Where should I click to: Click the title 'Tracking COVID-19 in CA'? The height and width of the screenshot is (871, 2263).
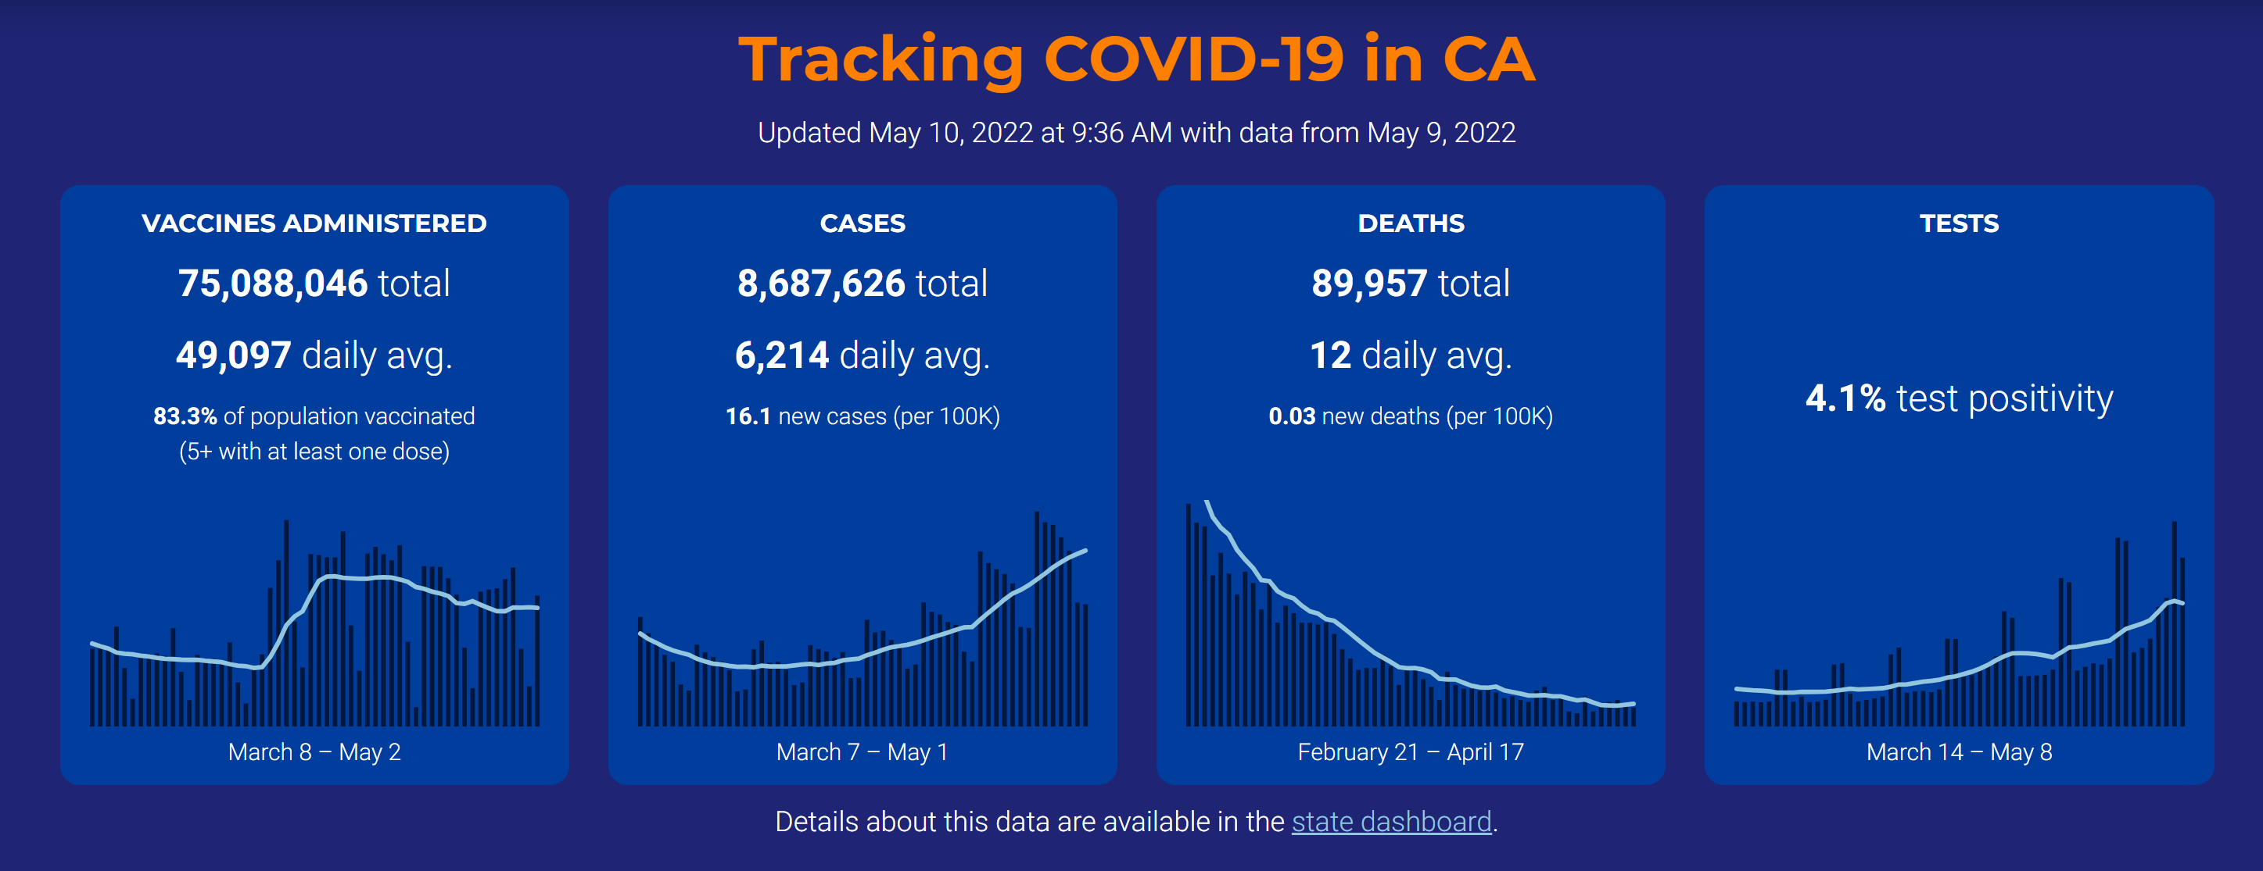[x=1136, y=59]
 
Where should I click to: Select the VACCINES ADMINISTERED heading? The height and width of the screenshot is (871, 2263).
[x=314, y=224]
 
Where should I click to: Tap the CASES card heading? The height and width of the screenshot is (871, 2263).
[x=862, y=224]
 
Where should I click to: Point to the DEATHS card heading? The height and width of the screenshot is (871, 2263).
[x=1410, y=224]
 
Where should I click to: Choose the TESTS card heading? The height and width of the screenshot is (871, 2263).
[x=1958, y=224]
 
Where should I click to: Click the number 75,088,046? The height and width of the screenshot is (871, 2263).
[x=272, y=284]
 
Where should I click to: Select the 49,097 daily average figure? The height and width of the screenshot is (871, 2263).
[x=234, y=355]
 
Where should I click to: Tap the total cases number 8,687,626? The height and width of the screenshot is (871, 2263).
[x=820, y=284]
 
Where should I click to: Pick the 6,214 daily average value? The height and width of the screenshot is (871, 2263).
[x=782, y=355]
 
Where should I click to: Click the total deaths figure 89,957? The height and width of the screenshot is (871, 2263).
[x=1368, y=284]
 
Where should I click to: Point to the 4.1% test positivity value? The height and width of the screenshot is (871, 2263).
[x=1845, y=398]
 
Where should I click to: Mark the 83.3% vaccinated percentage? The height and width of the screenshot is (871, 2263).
[x=185, y=416]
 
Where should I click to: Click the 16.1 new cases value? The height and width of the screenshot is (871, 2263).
[x=748, y=416]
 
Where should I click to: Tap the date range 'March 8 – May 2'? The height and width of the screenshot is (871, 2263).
[x=314, y=752]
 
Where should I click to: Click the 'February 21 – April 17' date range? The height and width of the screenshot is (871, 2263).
[x=1410, y=752]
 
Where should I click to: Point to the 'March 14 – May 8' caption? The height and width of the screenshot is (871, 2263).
[x=1958, y=752]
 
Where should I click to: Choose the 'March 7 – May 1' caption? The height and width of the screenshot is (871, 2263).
[x=862, y=752]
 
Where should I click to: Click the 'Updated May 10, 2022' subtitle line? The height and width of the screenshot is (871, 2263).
[x=1136, y=133]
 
